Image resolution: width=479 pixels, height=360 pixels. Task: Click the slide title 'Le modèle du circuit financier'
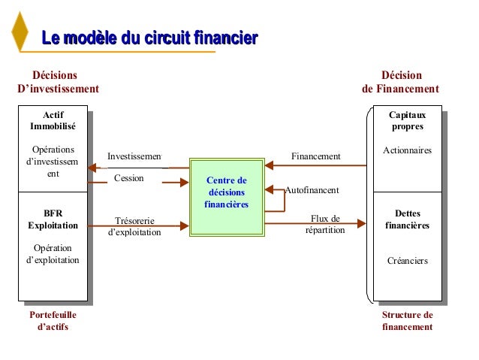point(149,37)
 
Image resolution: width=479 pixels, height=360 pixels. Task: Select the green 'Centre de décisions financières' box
point(227,193)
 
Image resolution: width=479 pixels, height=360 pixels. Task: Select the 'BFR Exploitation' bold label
point(53,219)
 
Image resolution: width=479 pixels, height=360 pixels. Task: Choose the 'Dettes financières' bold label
point(407,219)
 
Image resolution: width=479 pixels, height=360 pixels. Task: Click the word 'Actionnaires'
point(407,151)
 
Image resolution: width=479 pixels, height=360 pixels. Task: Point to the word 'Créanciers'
point(407,261)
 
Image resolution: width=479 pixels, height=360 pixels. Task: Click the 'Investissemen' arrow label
point(134,156)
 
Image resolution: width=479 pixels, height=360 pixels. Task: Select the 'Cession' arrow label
point(128,178)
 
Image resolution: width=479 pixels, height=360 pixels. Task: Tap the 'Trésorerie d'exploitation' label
point(135,226)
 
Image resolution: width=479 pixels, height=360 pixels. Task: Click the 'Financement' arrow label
point(315,156)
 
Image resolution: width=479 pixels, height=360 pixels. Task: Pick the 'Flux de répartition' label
point(325,224)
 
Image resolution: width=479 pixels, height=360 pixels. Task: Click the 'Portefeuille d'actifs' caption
point(53,321)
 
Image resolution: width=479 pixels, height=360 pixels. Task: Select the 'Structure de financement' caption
point(407,321)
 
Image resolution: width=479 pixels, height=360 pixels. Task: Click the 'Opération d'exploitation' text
point(53,254)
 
